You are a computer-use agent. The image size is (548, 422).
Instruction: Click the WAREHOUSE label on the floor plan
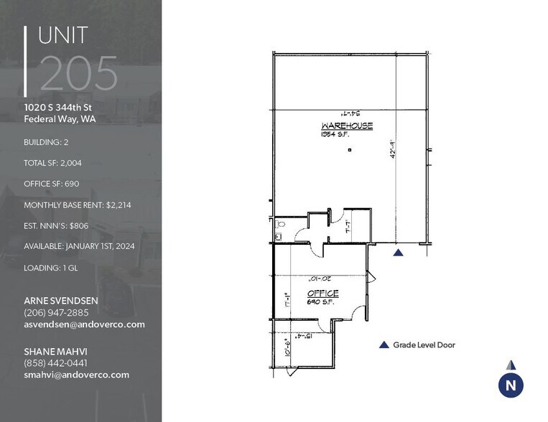[347, 126]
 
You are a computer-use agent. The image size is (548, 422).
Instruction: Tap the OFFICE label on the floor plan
[322, 294]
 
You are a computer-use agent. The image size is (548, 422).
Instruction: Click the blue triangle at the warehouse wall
[399, 252]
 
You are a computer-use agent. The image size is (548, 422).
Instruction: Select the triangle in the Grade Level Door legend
[384, 345]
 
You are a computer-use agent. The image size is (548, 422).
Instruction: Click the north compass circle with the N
[511, 385]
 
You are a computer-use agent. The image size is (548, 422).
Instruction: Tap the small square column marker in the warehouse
[349, 150]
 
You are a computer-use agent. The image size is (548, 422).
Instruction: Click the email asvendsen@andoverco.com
[84, 324]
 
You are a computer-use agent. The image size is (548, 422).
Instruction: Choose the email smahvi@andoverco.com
[76, 375]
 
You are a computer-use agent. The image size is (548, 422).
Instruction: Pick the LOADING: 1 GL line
[52, 266]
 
